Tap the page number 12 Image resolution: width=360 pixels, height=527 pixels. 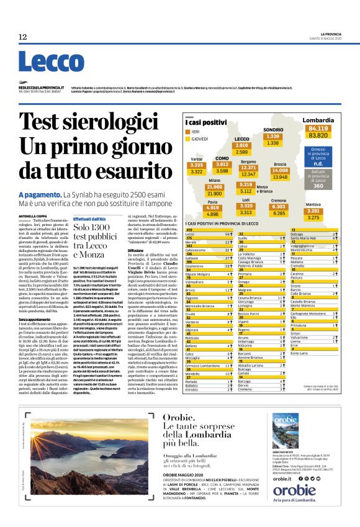pyautogui.click(x=22, y=37)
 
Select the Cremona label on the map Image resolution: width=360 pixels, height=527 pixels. pyautogui.click(x=278, y=200)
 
